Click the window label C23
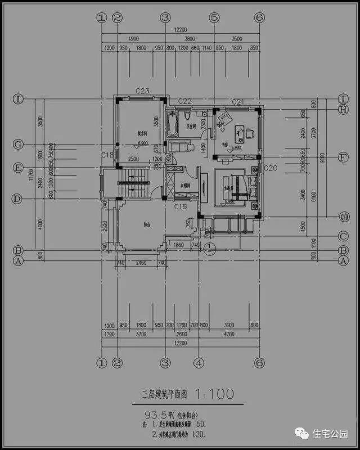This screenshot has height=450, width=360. tap(142, 91)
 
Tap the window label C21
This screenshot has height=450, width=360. tap(238, 102)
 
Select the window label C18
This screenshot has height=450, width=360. tap(107, 155)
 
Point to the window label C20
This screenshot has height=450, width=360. tap(271, 168)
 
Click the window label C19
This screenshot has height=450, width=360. tap(181, 207)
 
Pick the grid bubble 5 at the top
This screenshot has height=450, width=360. tap(214, 17)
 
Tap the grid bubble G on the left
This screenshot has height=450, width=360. tap(18, 145)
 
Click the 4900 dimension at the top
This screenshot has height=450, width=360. tap(133, 38)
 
